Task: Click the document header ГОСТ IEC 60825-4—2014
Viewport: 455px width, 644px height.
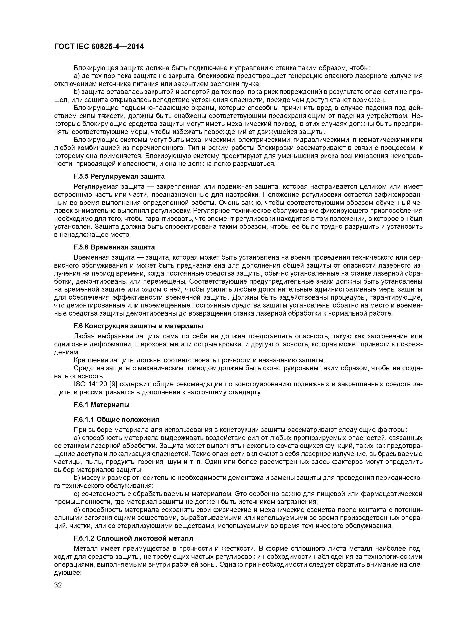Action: (99, 47)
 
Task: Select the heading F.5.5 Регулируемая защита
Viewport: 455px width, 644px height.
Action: (119, 176)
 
